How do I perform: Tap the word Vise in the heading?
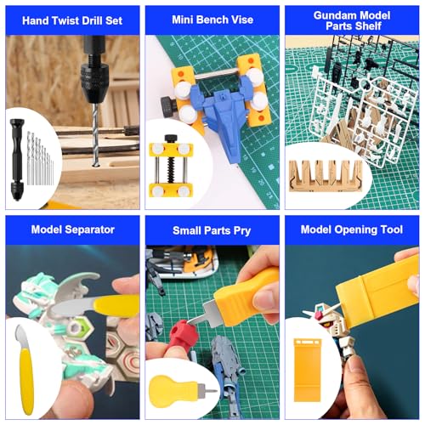pyautogui.click(x=241, y=20)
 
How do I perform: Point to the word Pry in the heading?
pyautogui.click(x=242, y=231)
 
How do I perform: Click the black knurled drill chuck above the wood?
pyautogui.click(x=93, y=82)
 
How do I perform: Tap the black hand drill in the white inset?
pyautogui.click(x=17, y=160)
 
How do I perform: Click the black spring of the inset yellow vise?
pyautogui.click(x=171, y=169)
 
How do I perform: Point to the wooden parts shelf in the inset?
pyautogui.click(x=326, y=176)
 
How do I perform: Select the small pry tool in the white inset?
pyautogui.click(x=181, y=392)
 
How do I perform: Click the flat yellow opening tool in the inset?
pyautogui.click(x=308, y=370)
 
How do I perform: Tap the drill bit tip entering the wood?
pyautogui.click(x=95, y=164)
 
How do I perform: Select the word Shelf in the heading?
pyautogui.click(x=367, y=26)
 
